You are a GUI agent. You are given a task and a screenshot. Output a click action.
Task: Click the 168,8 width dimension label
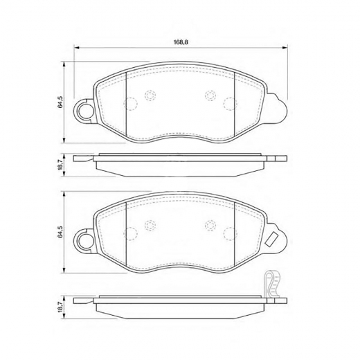[x=181, y=42]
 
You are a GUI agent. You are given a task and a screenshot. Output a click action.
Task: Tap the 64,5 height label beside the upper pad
[x=60, y=102]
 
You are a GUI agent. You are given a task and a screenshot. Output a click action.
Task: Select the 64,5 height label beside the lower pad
[x=60, y=232]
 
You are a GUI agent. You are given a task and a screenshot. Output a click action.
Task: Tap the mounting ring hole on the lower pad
[x=84, y=241]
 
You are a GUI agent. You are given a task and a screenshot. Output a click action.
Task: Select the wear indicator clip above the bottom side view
[x=272, y=282]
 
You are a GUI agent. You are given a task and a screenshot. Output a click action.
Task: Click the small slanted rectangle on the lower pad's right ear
[x=272, y=239]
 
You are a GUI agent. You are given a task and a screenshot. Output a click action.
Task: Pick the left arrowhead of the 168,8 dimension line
[x=76, y=48]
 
